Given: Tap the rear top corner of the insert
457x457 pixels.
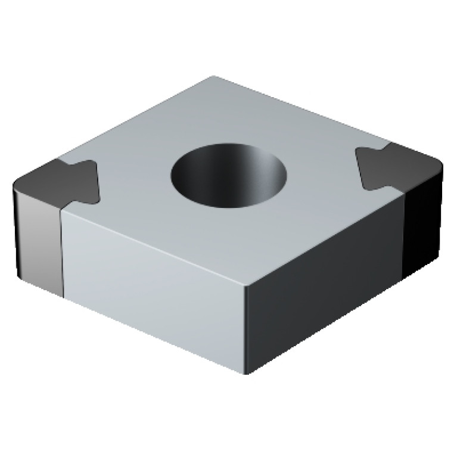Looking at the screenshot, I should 214,77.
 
